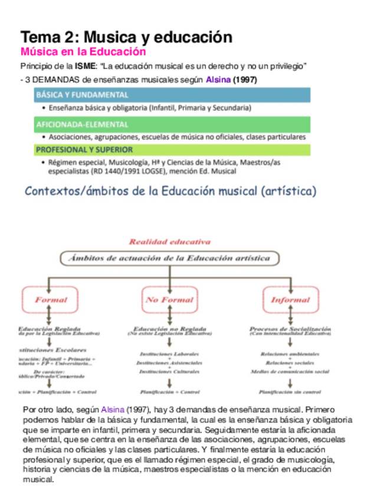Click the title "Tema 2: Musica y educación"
pyautogui.click(x=126, y=37)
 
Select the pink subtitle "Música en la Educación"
pyautogui.click(x=83, y=52)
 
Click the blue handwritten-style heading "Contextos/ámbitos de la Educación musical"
pyautogui.click(x=170, y=191)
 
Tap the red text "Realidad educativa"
pyautogui.click(x=169, y=242)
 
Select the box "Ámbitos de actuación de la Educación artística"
pyautogui.click(x=169, y=258)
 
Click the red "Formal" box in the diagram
pyautogui.click(x=51, y=300)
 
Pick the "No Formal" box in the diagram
pyautogui.click(x=169, y=300)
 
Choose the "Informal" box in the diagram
pyautogui.click(x=290, y=300)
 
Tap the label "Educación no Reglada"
pyautogui.click(x=169, y=328)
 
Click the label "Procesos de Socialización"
pyautogui.click(x=290, y=328)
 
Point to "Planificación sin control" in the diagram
pyautogui.click(x=290, y=392)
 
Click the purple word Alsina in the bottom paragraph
pyautogui.click(x=113, y=409)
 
